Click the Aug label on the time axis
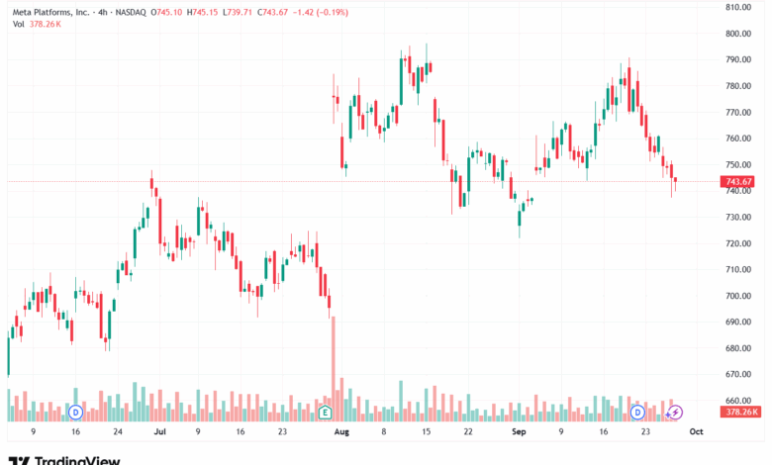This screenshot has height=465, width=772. (341, 432)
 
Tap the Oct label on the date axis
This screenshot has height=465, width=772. (696, 432)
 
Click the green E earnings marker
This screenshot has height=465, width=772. (325, 411)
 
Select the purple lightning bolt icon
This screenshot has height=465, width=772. (676, 411)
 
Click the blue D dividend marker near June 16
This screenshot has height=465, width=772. (75, 411)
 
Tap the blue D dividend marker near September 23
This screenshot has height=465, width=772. (637, 411)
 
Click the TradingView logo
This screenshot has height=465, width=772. (64, 459)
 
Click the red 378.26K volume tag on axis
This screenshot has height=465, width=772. (741, 412)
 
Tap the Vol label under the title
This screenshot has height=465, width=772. (19, 24)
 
